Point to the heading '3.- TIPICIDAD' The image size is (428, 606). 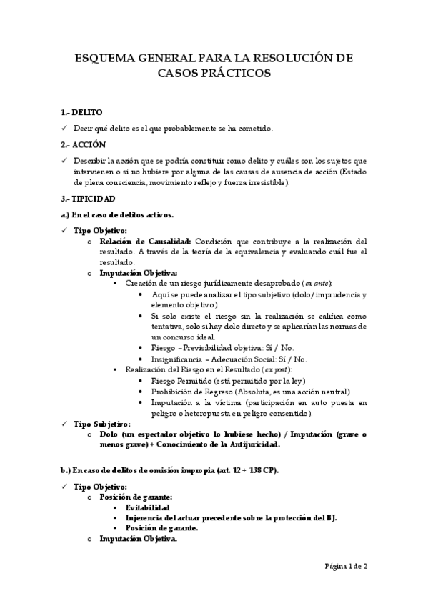tap(89, 199)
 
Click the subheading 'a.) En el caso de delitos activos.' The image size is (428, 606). tap(117, 214)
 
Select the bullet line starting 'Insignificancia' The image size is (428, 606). tap(229, 359)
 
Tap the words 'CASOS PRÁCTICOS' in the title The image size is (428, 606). tap(214, 74)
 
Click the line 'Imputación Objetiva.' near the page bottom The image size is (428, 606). tap(138, 539)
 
